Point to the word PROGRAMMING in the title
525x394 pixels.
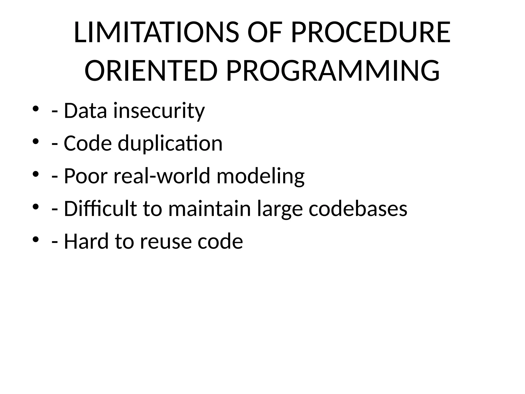point(333,71)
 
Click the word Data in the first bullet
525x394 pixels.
point(85,111)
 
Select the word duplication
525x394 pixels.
point(170,143)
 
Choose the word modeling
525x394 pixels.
point(260,176)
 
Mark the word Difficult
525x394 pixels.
point(100,209)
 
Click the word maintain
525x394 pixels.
point(209,209)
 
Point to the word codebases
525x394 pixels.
point(358,209)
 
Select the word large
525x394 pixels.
point(280,209)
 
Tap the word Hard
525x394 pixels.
point(86,241)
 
